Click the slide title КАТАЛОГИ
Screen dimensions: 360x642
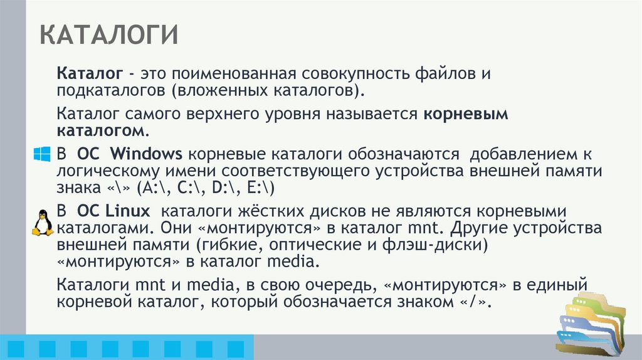pyautogui.click(x=109, y=35)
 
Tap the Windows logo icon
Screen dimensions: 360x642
pyautogui.click(x=41, y=155)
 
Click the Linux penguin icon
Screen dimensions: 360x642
pyautogui.click(x=42, y=222)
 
